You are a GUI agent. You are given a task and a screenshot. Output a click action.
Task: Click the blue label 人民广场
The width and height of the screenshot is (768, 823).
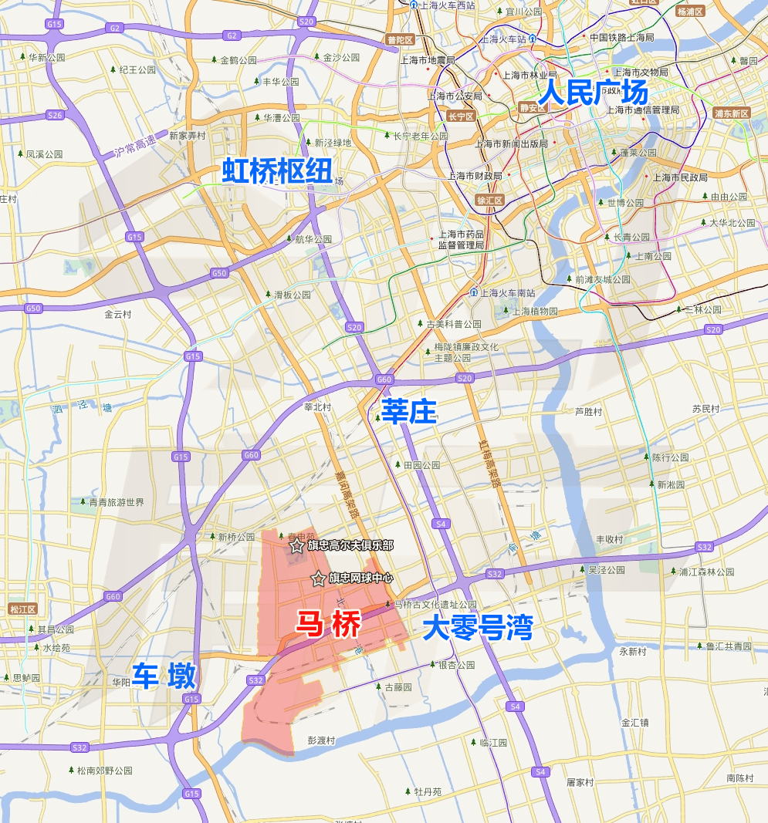click(x=593, y=93)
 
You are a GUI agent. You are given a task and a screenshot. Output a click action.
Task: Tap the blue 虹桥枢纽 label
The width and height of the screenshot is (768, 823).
click(x=277, y=171)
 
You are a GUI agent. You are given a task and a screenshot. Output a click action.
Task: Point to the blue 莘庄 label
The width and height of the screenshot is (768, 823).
click(x=408, y=412)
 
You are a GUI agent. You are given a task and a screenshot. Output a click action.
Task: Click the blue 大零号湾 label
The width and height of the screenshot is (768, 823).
click(x=478, y=629)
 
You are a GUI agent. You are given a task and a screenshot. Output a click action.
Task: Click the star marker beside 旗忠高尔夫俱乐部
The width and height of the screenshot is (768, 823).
click(x=296, y=545)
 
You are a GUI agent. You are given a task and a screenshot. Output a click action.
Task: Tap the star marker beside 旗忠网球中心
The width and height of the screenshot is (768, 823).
click(x=317, y=578)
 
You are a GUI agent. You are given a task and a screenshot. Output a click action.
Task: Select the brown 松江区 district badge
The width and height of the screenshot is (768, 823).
click(x=18, y=609)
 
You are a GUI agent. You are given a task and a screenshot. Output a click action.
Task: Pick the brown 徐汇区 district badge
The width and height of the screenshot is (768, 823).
click(x=489, y=201)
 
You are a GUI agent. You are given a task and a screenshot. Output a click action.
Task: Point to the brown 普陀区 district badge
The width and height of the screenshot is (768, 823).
click(x=400, y=39)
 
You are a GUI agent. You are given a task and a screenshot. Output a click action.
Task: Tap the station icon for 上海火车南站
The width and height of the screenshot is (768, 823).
click(x=473, y=292)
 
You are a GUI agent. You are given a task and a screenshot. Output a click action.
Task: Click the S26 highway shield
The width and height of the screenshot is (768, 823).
click(x=55, y=115)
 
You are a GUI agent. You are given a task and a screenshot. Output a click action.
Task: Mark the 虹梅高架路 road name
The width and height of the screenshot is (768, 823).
click(x=489, y=463)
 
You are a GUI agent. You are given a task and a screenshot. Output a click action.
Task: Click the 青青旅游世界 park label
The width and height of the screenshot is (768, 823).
click(x=116, y=502)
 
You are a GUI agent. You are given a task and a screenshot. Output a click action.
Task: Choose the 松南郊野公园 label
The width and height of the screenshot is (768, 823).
click(x=104, y=771)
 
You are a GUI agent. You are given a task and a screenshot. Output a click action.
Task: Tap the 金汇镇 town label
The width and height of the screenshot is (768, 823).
click(x=635, y=723)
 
